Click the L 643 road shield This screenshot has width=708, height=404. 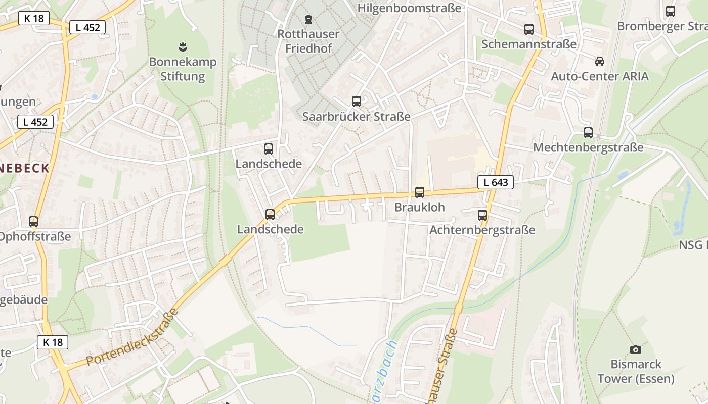(x=495, y=182)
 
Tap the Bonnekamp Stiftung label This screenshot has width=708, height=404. (x=183, y=69)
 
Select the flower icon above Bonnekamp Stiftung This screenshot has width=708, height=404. (x=183, y=47)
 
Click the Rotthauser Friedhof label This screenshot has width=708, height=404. (x=308, y=41)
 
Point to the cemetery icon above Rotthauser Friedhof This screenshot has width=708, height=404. (x=308, y=20)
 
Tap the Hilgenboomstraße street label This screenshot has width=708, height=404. (x=409, y=8)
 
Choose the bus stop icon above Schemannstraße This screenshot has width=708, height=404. (x=529, y=29)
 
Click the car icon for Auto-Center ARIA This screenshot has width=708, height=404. (x=600, y=62)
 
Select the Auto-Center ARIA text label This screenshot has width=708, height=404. (x=600, y=76)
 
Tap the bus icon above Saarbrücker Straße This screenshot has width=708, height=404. (x=357, y=102)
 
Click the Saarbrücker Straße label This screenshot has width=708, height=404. (x=357, y=116)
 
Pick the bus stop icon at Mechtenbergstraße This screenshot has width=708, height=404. (x=588, y=133)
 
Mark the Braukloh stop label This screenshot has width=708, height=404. (x=419, y=207)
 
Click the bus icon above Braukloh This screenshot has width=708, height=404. (x=420, y=192)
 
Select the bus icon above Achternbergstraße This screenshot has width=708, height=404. (x=482, y=215)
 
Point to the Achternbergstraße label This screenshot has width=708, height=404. (x=482, y=230)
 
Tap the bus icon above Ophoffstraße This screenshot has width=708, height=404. (x=33, y=222)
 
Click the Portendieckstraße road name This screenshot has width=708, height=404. (x=132, y=337)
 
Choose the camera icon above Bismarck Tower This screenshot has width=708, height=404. (x=636, y=349)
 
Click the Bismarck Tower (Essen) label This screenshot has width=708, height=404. (x=636, y=371)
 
